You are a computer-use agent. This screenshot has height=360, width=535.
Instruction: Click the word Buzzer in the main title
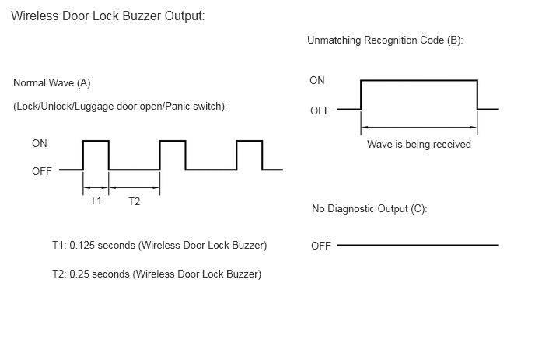142,16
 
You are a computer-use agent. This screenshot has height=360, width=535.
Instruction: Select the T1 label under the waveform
96,201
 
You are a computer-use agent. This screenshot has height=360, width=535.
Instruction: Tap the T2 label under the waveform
134,201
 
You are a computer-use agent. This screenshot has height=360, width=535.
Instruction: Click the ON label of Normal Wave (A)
40,143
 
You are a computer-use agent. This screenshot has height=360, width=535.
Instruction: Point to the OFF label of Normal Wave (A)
42,171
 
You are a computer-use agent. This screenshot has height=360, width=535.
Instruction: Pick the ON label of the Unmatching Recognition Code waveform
317,81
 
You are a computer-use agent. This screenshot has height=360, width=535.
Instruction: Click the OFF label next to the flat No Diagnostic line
320,246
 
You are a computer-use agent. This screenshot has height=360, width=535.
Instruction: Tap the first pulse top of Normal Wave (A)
96,141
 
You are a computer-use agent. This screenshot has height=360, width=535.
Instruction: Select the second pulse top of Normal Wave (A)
173,141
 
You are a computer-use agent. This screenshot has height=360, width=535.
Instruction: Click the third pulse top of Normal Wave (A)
250,141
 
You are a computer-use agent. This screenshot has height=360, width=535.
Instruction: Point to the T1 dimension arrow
96,187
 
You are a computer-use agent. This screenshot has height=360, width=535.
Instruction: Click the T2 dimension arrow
134,187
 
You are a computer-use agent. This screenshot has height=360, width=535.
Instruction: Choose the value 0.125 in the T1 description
79,246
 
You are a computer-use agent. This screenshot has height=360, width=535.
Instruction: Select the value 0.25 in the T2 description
79,274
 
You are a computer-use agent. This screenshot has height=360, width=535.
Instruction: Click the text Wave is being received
419,145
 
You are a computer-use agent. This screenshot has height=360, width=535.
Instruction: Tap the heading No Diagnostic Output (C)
369,209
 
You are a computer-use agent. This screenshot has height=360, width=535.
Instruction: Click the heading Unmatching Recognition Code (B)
385,40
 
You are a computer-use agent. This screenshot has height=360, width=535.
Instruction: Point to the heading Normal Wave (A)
52,83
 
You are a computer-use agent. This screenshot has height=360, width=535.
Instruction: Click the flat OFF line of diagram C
418,245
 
